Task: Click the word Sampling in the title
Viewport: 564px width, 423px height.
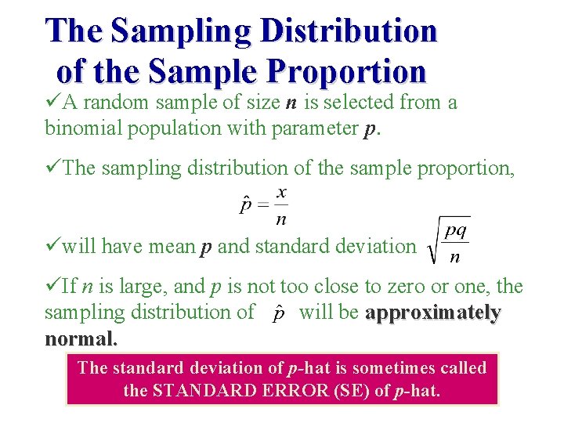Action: (x=182, y=31)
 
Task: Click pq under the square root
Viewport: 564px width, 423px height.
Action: (x=455, y=231)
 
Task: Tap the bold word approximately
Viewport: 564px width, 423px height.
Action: (x=432, y=313)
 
